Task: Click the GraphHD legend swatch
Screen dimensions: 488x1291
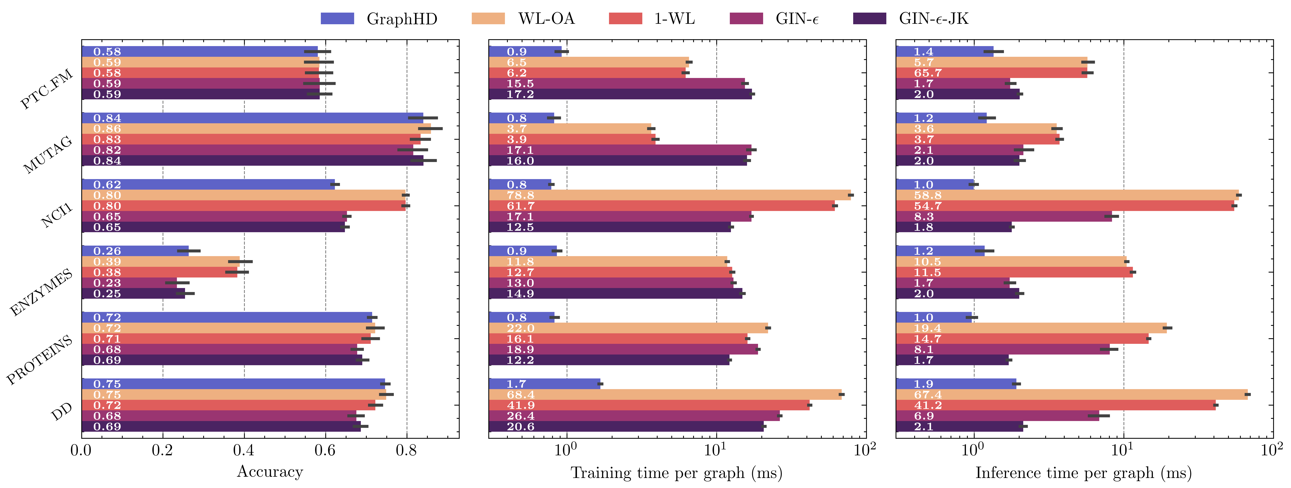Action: pyautogui.click(x=337, y=18)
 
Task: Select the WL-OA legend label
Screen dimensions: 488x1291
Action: pyautogui.click(x=546, y=18)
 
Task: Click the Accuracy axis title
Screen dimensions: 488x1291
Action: pyautogui.click(x=270, y=472)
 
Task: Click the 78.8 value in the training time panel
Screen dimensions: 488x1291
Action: pyautogui.click(x=520, y=195)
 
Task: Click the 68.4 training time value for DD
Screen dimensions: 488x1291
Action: pyautogui.click(x=520, y=395)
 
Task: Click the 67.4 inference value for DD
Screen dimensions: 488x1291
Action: pyautogui.click(x=928, y=395)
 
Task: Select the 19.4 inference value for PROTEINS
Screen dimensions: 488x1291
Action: pyautogui.click(x=928, y=328)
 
